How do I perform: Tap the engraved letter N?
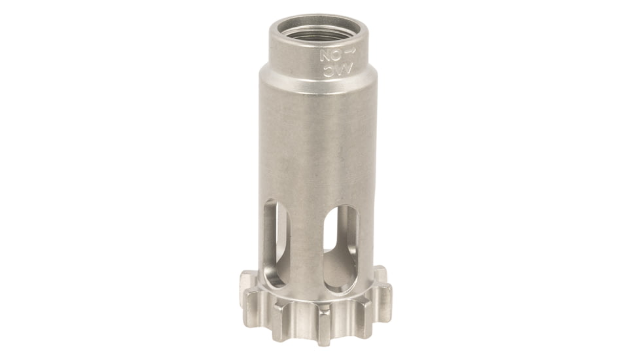(325, 56)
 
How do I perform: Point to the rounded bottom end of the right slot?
(340, 285)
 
